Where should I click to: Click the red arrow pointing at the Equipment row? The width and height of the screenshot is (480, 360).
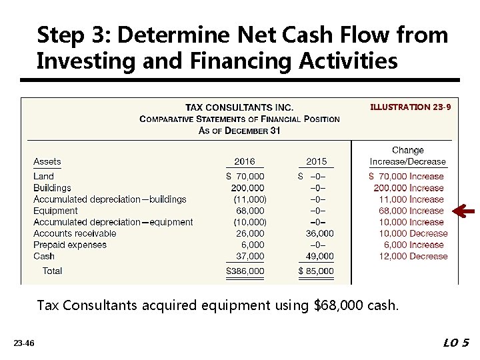tap(463, 211)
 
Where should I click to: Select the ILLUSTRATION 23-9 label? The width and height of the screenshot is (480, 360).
tap(411, 106)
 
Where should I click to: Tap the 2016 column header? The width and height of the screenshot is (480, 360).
tap(244, 161)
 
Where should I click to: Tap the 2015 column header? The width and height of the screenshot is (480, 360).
tap(317, 161)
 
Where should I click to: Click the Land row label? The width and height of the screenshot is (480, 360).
tap(44, 177)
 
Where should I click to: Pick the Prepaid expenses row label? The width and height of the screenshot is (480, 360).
tap(70, 245)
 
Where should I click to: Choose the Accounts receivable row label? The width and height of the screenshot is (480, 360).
tap(75, 233)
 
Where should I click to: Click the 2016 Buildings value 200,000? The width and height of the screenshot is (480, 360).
tap(247, 188)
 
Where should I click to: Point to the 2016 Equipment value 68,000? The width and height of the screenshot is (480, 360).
tap(250, 211)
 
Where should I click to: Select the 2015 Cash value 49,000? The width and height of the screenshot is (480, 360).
tap(319, 256)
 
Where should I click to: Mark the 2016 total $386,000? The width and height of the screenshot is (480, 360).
tap(245, 271)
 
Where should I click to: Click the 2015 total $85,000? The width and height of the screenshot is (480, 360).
tap(316, 271)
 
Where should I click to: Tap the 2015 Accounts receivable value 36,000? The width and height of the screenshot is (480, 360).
tap(319, 233)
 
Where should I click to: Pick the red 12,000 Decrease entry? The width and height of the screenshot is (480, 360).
tap(413, 256)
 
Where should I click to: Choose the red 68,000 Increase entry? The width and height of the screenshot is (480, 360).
tap(411, 211)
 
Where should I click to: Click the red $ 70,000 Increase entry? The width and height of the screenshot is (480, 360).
tap(407, 177)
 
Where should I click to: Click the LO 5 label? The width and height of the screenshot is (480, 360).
tap(456, 343)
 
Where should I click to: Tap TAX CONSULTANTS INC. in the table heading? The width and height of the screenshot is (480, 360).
tap(239, 107)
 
